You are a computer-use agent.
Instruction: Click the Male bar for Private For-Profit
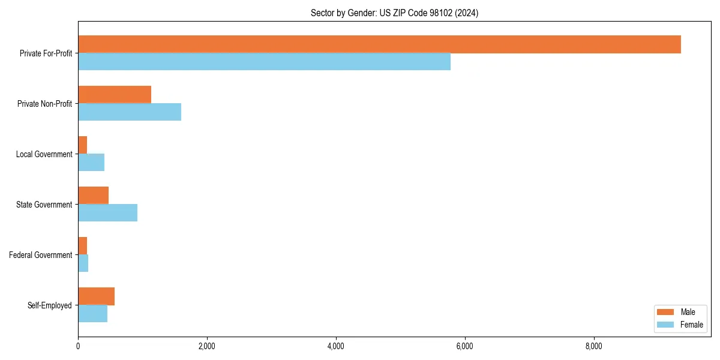(x=379, y=44)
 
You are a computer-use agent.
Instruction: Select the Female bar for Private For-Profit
(x=264, y=62)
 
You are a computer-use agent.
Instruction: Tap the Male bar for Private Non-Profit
(x=115, y=95)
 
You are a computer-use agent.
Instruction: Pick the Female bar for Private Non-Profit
(x=130, y=112)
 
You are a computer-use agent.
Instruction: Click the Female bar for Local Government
(x=91, y=163)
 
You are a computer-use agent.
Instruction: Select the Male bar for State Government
(x=94, y=196)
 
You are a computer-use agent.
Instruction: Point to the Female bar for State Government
(x=108, y=213)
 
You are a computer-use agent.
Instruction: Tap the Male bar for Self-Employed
(x=97, y=296)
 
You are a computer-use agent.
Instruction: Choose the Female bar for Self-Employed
(x=93, y=314)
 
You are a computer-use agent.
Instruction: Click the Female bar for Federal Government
(x=83, y=263)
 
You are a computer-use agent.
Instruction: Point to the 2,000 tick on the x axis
(x=207, y=346)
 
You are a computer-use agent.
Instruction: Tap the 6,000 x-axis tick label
(x=465, y=346)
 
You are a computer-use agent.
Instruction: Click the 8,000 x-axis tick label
(x=594, y=346)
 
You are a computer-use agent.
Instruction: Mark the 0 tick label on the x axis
(x=78, y=346)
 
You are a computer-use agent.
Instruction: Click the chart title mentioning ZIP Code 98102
(x=394, y=13)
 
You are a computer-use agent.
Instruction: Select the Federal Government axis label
(x=41, y=255)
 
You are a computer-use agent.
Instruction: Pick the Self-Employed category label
(x=50, y=305)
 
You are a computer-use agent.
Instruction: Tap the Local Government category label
(x=44, y=154)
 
